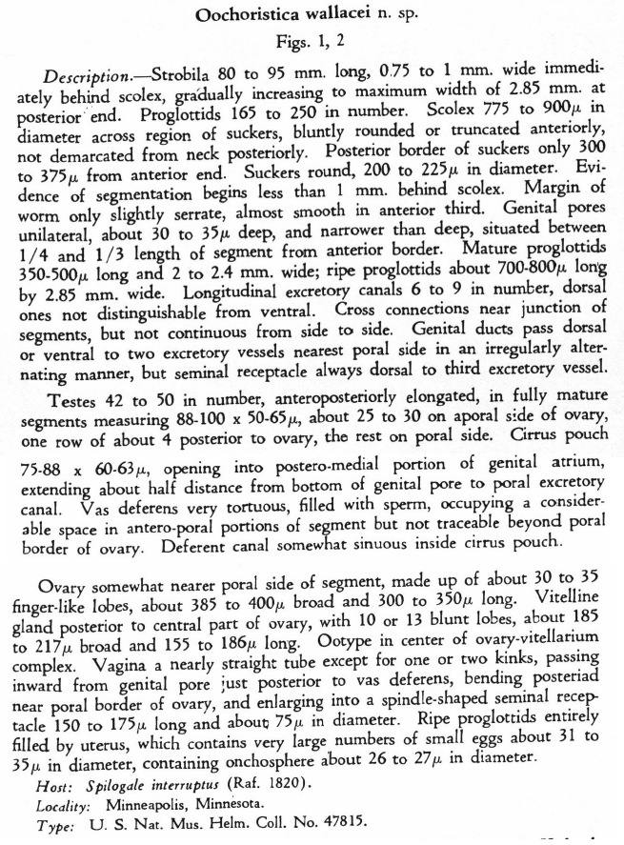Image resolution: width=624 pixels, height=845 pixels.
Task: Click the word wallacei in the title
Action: (324, 16)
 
